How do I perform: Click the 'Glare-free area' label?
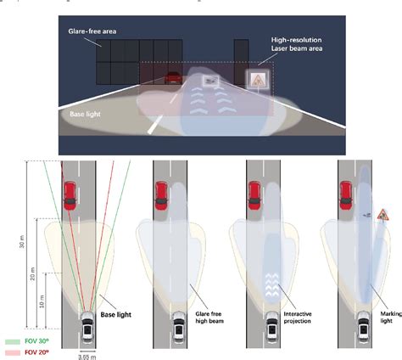pos(92,31)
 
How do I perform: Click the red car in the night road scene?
pos(173,78)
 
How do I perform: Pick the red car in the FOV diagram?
pos(69,194)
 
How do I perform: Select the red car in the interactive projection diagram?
pos(254,194)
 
